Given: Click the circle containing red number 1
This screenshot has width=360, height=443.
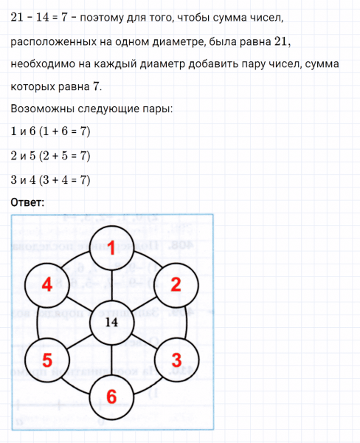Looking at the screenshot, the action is tap(112, 249).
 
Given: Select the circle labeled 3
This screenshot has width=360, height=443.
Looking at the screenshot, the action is tap(176, 360).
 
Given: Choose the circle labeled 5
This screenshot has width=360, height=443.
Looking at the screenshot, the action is tap(47, 360).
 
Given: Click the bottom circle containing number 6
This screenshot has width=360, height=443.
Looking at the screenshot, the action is tap(112, 396).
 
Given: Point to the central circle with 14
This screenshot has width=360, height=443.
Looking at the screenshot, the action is tap(112, 323).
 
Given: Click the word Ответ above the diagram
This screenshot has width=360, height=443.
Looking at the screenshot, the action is tap(28, 202).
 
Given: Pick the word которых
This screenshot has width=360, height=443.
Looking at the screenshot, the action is tap(36, 87).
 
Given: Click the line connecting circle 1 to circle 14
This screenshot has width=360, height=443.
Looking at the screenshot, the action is tap(112, 287).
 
